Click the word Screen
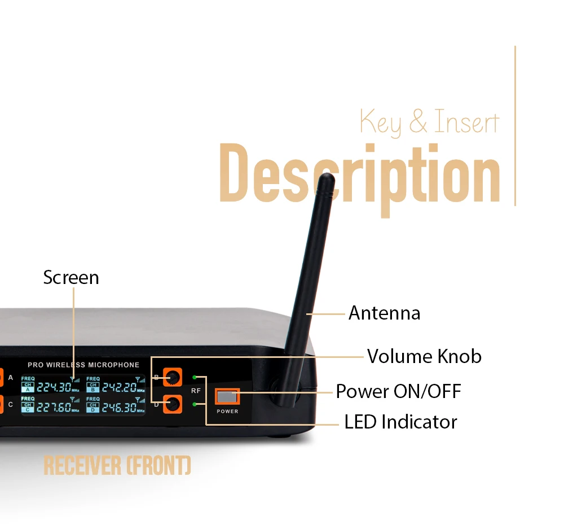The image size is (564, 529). click(x=71, y=277)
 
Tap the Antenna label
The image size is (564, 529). click(x=384, y=313)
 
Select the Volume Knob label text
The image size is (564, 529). click(x=424, y=356)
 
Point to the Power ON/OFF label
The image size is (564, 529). click(x=398, y=391)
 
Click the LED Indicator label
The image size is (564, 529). click(x=400, y=422)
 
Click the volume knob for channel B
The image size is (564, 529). click(x=173, y=377)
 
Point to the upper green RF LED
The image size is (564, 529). click(x=195, y=377)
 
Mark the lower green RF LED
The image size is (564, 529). click(x=195, y=404)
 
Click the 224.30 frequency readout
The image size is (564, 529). click(x=54, y=387)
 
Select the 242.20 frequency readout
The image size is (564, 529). click(x=118, y=387)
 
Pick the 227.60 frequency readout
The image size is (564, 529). click(x=54, y=408)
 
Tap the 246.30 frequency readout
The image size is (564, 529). click(x=118, y=408)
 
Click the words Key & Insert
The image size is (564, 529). click(x=429, y=122)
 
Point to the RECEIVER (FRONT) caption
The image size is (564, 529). click(x=117, y=466)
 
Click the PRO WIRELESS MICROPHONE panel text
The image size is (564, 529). click(x=83, y=365)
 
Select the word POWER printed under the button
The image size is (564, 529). click(x=227, y=412)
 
